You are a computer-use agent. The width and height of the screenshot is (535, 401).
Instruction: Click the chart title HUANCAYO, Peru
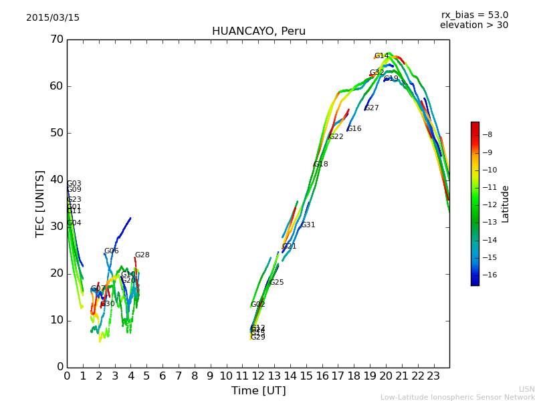click(x=258, y=31)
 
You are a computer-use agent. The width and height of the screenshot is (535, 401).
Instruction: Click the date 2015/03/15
click(x=53, y=18)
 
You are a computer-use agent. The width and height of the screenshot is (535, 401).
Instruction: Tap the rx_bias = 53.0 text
click(x=474, y=15)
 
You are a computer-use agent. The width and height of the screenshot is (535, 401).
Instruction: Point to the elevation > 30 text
click(x=473, y=25)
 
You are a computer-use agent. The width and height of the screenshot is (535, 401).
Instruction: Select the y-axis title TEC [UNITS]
click(x=40, y=203)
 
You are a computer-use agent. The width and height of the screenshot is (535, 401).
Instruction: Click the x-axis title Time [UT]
click(x=258, y=390)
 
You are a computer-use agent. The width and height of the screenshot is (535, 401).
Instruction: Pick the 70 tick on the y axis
click(x=56, y=39)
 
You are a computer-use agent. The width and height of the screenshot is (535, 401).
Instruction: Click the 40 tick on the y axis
click(x=56, y=180)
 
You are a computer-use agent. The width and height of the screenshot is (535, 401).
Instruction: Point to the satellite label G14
click(x=381, y=56)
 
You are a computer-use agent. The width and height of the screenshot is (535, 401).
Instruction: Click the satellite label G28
click(x=142, y=255)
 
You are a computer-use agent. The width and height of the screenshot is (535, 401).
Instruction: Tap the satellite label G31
click(x=308, y=225)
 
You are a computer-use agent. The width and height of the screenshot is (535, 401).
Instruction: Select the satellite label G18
click(x=320, y=164)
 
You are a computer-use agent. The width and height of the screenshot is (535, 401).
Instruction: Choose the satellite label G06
click(x=111, y=251)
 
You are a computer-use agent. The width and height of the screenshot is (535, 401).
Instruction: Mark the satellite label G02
click(x=257, y=305)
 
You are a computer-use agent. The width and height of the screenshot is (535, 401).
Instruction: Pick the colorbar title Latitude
click(x=506, y=204)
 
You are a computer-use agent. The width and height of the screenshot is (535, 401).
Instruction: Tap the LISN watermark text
click(x=526, y=389)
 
